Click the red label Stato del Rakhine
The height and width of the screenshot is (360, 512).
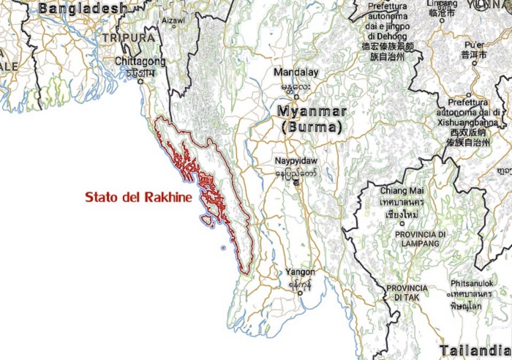coord(139,198)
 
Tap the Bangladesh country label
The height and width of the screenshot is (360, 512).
coord(82,9)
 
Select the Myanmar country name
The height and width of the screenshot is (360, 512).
coord(312,112)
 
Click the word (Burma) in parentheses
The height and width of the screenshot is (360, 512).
coord(312,127)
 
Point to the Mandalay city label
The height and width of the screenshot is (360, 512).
coord(296,72)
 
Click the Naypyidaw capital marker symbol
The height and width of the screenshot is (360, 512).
coord(296,183)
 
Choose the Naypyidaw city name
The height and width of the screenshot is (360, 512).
coord(296,160)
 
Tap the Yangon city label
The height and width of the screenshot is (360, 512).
coord(301,271)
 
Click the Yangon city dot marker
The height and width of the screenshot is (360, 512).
coord(301,293)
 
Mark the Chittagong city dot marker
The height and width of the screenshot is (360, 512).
coord(140,80)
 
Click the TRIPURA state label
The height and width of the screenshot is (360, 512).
coord(129,37)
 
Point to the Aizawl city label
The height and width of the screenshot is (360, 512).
coord(173,20)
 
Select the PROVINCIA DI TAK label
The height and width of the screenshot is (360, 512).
coord(407,293)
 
